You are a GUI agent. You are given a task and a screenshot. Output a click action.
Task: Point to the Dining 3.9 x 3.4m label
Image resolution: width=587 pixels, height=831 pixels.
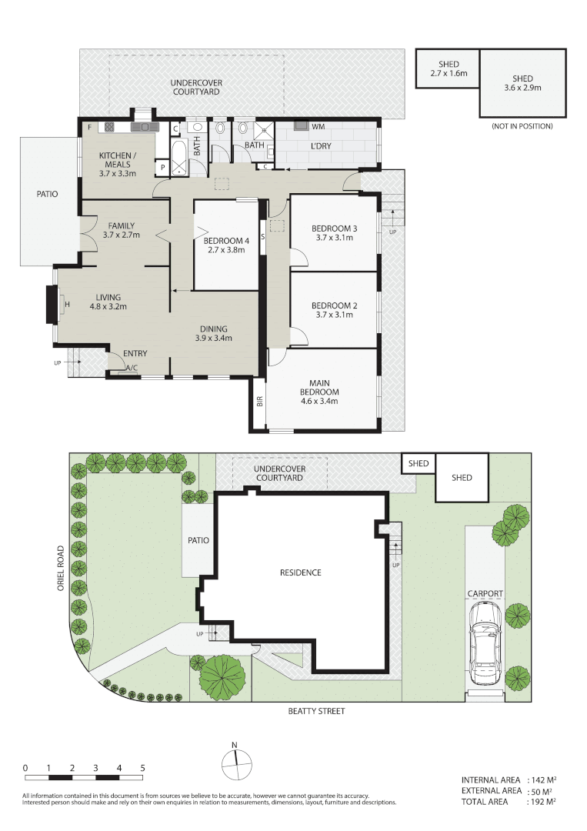213,333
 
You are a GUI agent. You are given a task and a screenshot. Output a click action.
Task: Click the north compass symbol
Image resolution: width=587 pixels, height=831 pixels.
236,763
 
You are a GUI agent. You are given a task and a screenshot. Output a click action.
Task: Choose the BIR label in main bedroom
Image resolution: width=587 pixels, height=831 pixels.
259,401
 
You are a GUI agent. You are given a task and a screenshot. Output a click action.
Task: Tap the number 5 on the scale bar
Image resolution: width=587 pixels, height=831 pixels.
142,768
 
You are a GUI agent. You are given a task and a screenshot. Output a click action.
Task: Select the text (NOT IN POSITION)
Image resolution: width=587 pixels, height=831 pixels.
521,126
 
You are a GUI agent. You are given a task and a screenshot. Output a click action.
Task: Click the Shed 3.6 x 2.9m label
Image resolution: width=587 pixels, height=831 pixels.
522,83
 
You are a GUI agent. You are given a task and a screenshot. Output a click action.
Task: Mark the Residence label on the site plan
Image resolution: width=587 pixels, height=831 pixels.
299,572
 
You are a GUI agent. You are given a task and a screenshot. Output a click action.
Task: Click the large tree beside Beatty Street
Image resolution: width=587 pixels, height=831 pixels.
222,675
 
